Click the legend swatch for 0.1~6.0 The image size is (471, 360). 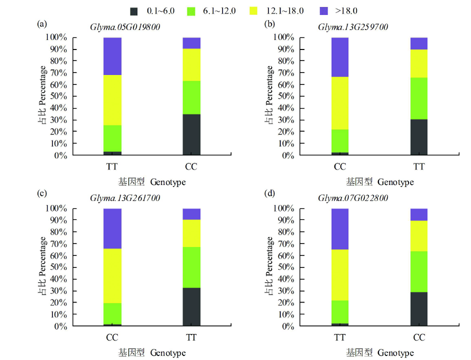pyautogui.click(x=134, y=10)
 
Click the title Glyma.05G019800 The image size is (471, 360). pyautogui.click(x=125, y=27)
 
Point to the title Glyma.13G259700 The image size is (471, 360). pyautogui.click(x=353, y=27)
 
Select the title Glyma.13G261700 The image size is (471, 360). pyautogui.click(x=125, y=198)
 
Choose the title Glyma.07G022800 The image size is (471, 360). pyautogui.click(x=353, y=198)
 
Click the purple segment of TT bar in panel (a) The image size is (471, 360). pyautogui.click(x=112, y=56)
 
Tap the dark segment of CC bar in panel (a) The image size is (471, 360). pyautogui.click(x=191, y=135)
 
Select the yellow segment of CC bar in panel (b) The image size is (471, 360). pyautogui.click(x=340, y=103)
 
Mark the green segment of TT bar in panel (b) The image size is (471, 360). pyautogui.click(x=419, y=98)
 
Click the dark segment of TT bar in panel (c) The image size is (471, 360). pyautogui.click(x=191, y=307)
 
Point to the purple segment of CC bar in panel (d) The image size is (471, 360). pyautogui.click(x=419, y=214)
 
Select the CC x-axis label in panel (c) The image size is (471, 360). pyautogui.click(x=112, y=338)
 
